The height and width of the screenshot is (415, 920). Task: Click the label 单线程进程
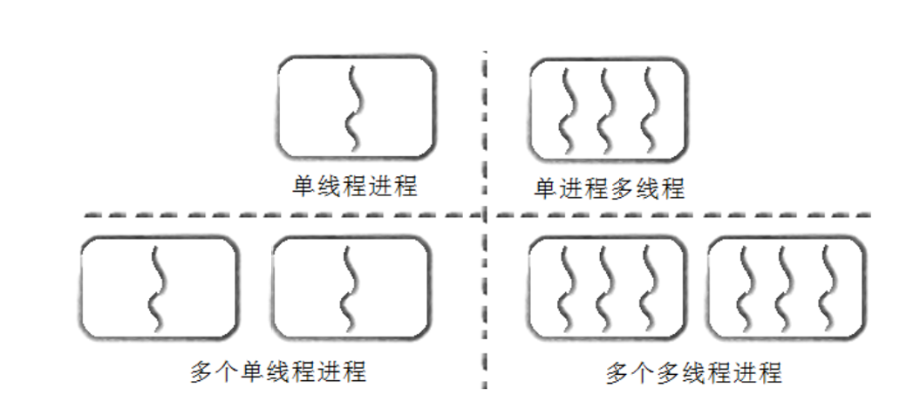(x=355, y=185)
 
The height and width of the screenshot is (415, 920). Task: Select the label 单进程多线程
(x=610, y=187)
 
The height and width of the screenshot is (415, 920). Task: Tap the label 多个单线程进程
(x=278, y=371)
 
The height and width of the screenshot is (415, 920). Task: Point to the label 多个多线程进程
(x=693, y=373)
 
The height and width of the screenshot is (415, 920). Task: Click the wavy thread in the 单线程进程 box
(x=353, y=106)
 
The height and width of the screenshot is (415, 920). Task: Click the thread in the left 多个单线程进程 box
(x=157, y=288)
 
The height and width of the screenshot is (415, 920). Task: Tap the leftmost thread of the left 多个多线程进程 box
(x=564, y=288)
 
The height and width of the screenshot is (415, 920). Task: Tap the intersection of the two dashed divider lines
(x=484, y=214)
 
